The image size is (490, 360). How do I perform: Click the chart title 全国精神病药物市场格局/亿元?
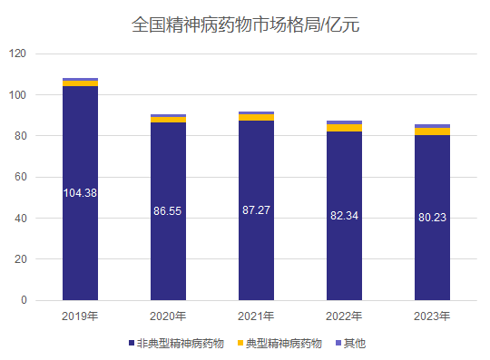coord(245,24)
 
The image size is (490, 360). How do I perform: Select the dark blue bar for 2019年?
coord(80,236)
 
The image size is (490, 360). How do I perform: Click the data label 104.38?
coord(80,192)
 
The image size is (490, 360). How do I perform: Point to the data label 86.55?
coord(168,210)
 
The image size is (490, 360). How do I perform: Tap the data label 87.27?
coord(256,209)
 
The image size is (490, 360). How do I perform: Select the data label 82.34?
coord(344,215)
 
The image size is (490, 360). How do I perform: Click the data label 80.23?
coord(432,217)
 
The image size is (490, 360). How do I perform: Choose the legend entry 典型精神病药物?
coord(279,343)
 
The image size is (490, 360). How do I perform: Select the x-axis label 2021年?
coord(256,316)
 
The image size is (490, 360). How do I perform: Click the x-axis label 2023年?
coord(432,316)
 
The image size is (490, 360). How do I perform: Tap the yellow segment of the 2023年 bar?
coord(432,131)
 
